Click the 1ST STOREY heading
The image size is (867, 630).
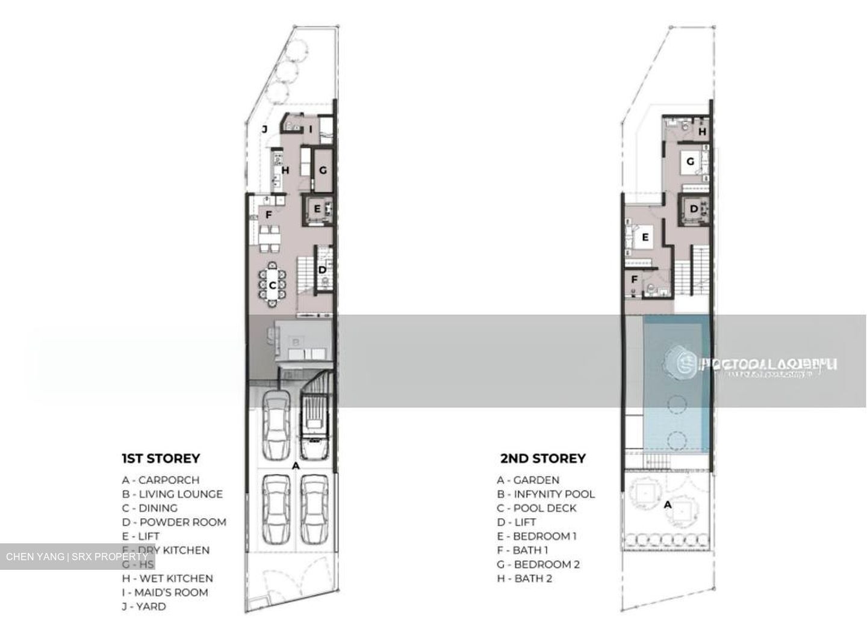pyautogui.click(x=160, y=459)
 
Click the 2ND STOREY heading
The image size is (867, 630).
pyautogui.click(x=542, y=459)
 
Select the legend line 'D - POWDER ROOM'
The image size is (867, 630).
pyautogui.click(x=174, y=522)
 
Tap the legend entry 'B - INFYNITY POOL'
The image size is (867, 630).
pyautogui.click(x=545, y=494)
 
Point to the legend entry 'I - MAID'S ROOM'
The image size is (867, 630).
pyautogui.click(x=164, y=593)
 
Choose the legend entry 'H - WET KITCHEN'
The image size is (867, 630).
pyautogui.click(x=167, y=578)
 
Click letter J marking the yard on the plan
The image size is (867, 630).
pyautogui.click(x=264, y=129)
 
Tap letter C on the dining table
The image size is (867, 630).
pyautogui.click(x=272, y=286)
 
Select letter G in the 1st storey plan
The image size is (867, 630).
pyautogui.click(x=323, y=170)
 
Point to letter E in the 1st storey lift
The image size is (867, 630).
pyautogui.click(x=317, y=210)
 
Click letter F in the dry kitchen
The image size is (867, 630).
pyautogui.click(x=269, y=213)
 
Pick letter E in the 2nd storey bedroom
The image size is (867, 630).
pyautogui.click(x=645, y=238)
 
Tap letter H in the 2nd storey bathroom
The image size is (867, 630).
pyautogui.click(x=702, y=131)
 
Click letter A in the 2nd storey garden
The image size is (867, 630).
pyautogui.click(x=667, y=505)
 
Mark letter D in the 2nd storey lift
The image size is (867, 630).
pyautogui.click(x=694, y=209)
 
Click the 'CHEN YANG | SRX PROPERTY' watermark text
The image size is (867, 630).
pyautogui.click(x=76, y=557)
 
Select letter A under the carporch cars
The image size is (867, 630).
pyautogui.click(x=295, y=466)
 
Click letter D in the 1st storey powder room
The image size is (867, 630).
pyautogui.click(x=322, y=270)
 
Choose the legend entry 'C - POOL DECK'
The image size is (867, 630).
pyautogui.click(x=536, y=508)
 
